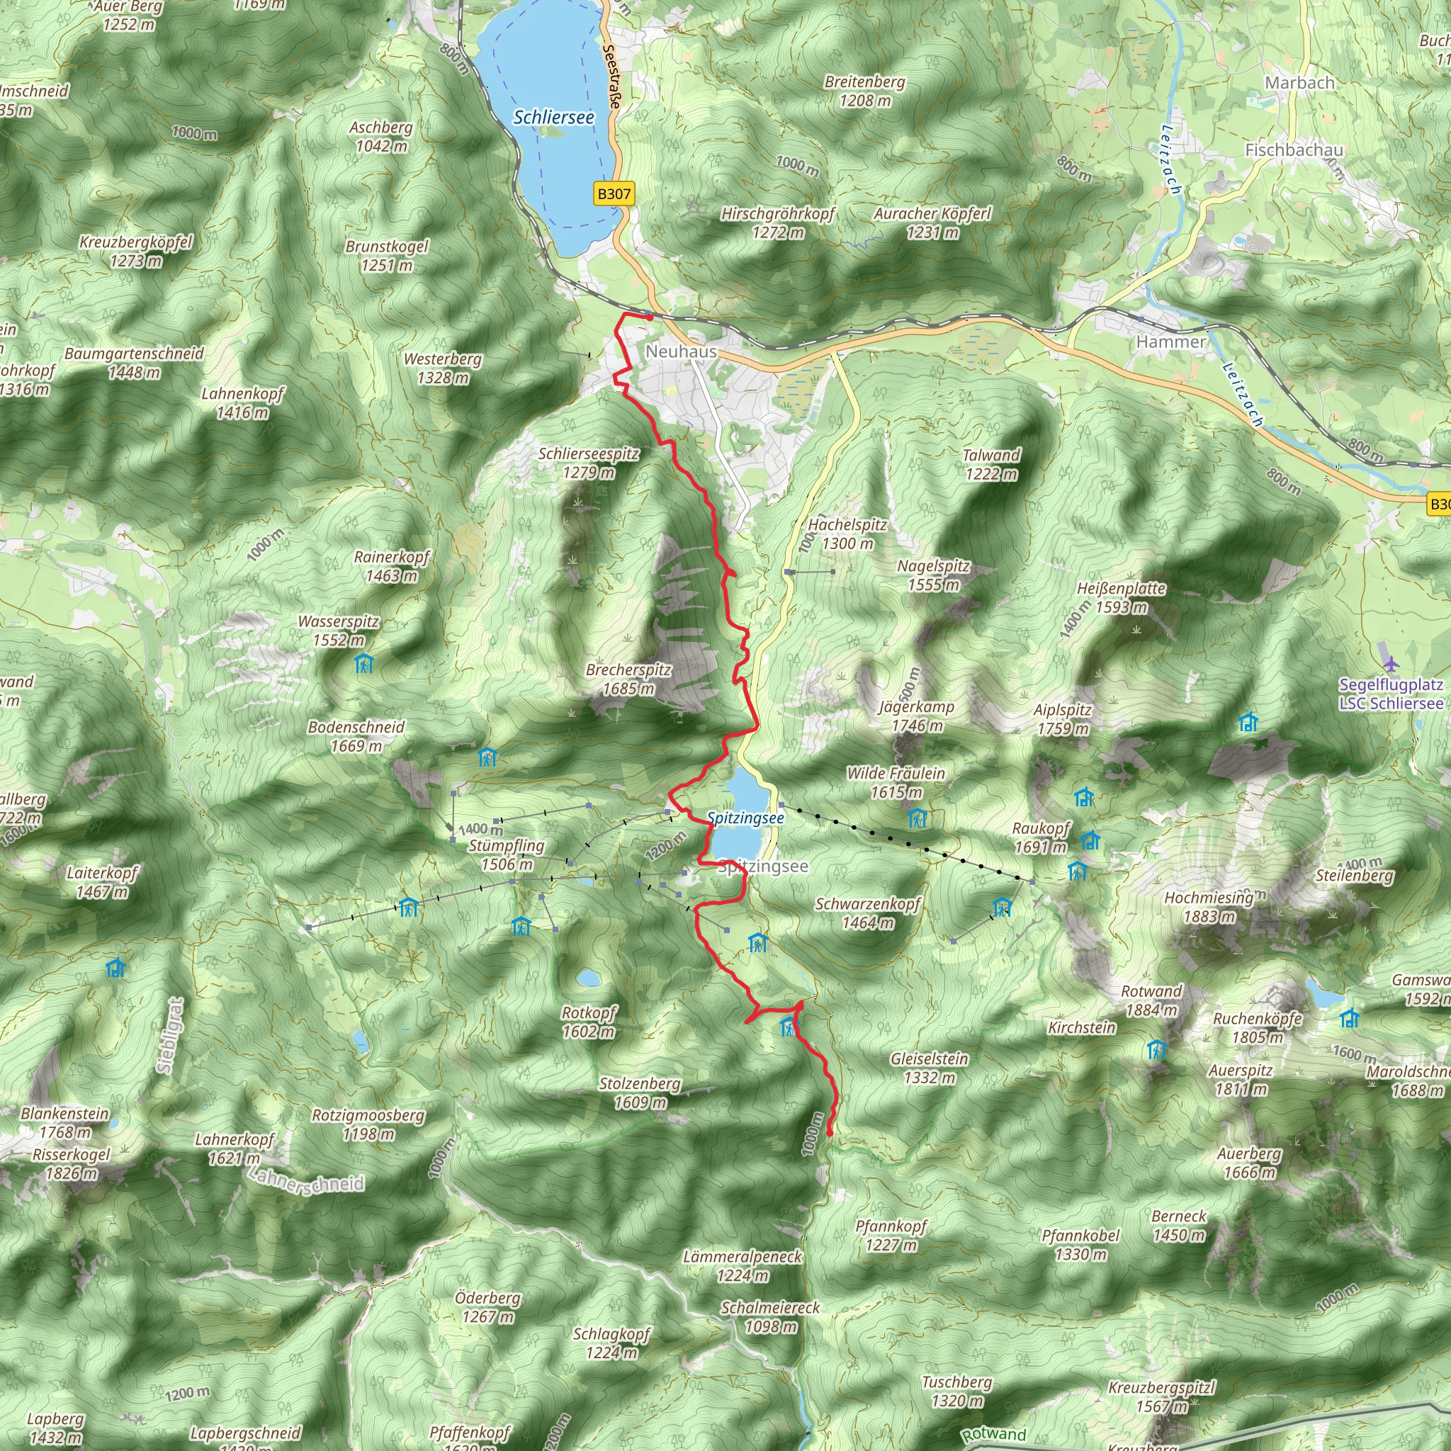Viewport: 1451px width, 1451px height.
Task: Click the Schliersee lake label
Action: click(x=553, y=117)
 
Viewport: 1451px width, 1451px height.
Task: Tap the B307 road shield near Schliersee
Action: click(x=614, y=193)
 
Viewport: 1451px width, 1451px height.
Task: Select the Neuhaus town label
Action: click(x=680, y=351)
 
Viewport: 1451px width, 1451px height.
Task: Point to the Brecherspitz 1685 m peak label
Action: click(x=628, y=679)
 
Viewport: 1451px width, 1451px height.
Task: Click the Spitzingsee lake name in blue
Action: click(x=745, y=818)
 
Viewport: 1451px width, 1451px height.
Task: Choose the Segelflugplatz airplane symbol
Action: click(x=1391, y=664)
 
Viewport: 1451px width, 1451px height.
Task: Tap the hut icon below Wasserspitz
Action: click(x=364, y=663)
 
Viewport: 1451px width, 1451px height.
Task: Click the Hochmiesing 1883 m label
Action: click(x=1209, y=906)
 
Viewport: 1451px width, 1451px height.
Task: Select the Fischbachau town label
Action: click(x=1293, y=150)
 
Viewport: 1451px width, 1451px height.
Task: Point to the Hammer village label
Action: click(x=1170, y=341)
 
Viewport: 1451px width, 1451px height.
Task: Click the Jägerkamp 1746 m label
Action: click(x=916, y=716)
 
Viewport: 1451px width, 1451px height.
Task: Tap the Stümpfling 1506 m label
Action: click(x=506, y=854)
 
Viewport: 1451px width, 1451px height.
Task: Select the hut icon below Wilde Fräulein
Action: click(x=917, y=818)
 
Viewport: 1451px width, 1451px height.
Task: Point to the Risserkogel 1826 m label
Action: click(x=71, y=1163)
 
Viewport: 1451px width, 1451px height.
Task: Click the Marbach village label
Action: click(x=1299, y=83)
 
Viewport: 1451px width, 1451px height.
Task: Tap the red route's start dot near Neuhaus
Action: click(x=649, y=317)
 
